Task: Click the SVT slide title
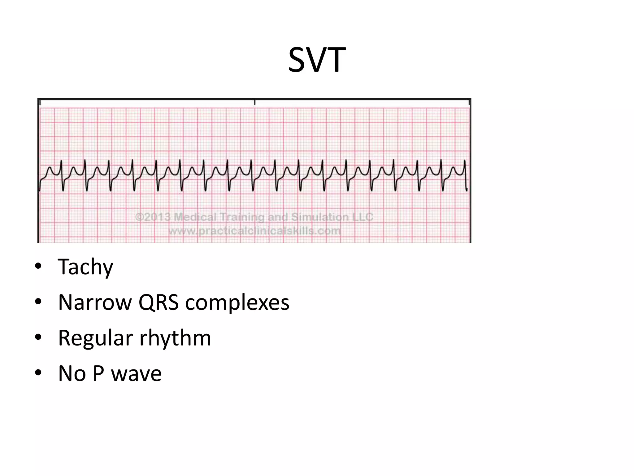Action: [317, 60]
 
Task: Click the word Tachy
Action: [85, 267]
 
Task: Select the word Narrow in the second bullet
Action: [95, 302]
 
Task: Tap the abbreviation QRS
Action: [158, 302]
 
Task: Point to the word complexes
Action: [237, 303]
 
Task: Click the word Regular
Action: [95, 338]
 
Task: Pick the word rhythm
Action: [175, 338]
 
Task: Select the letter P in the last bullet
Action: [98, 373]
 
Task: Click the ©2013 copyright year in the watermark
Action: [153, 217]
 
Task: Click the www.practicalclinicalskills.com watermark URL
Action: [254, 231]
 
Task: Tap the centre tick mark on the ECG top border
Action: [254, 102]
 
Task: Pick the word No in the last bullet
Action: [72, 373]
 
